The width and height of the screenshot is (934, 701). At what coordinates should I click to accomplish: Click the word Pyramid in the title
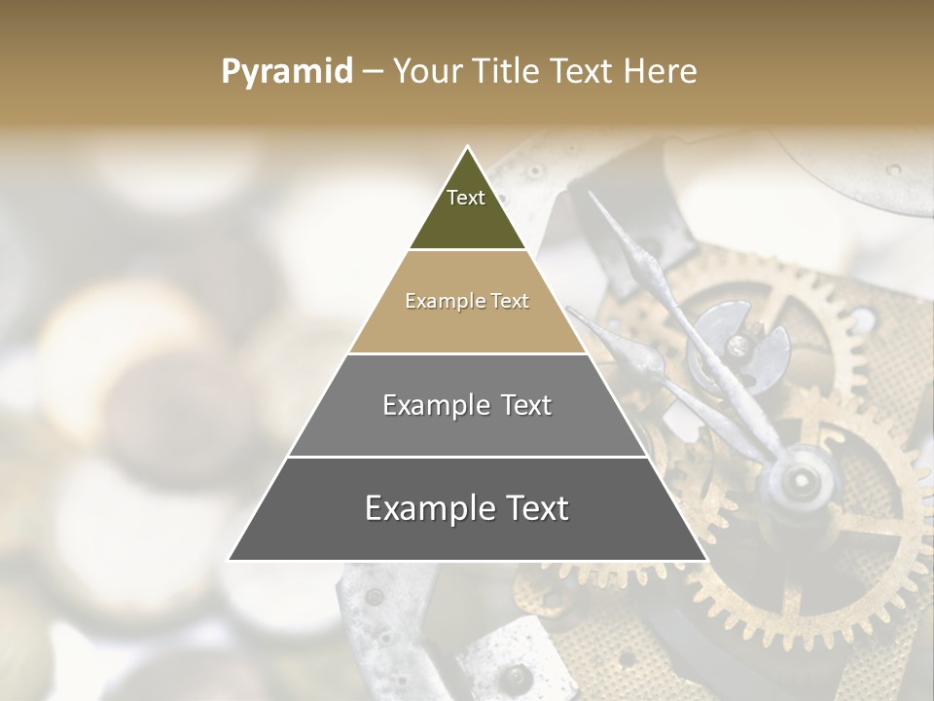click(x=286, y=71)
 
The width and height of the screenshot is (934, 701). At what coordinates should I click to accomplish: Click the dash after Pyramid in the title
click(x=373, y=72)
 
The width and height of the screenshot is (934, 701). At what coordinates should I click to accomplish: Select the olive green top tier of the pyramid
click(x=467, y=219)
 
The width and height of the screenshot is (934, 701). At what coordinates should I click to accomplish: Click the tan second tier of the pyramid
click(x=467, y=321)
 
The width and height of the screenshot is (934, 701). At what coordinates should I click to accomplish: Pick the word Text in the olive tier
click(x=466, y=198)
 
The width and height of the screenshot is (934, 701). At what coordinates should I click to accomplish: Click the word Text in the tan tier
click(x=510, y=301)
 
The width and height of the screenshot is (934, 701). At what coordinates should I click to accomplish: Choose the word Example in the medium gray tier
click(x=433, y=405)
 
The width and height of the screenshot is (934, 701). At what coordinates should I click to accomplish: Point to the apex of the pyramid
click(x=468, y=148)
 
